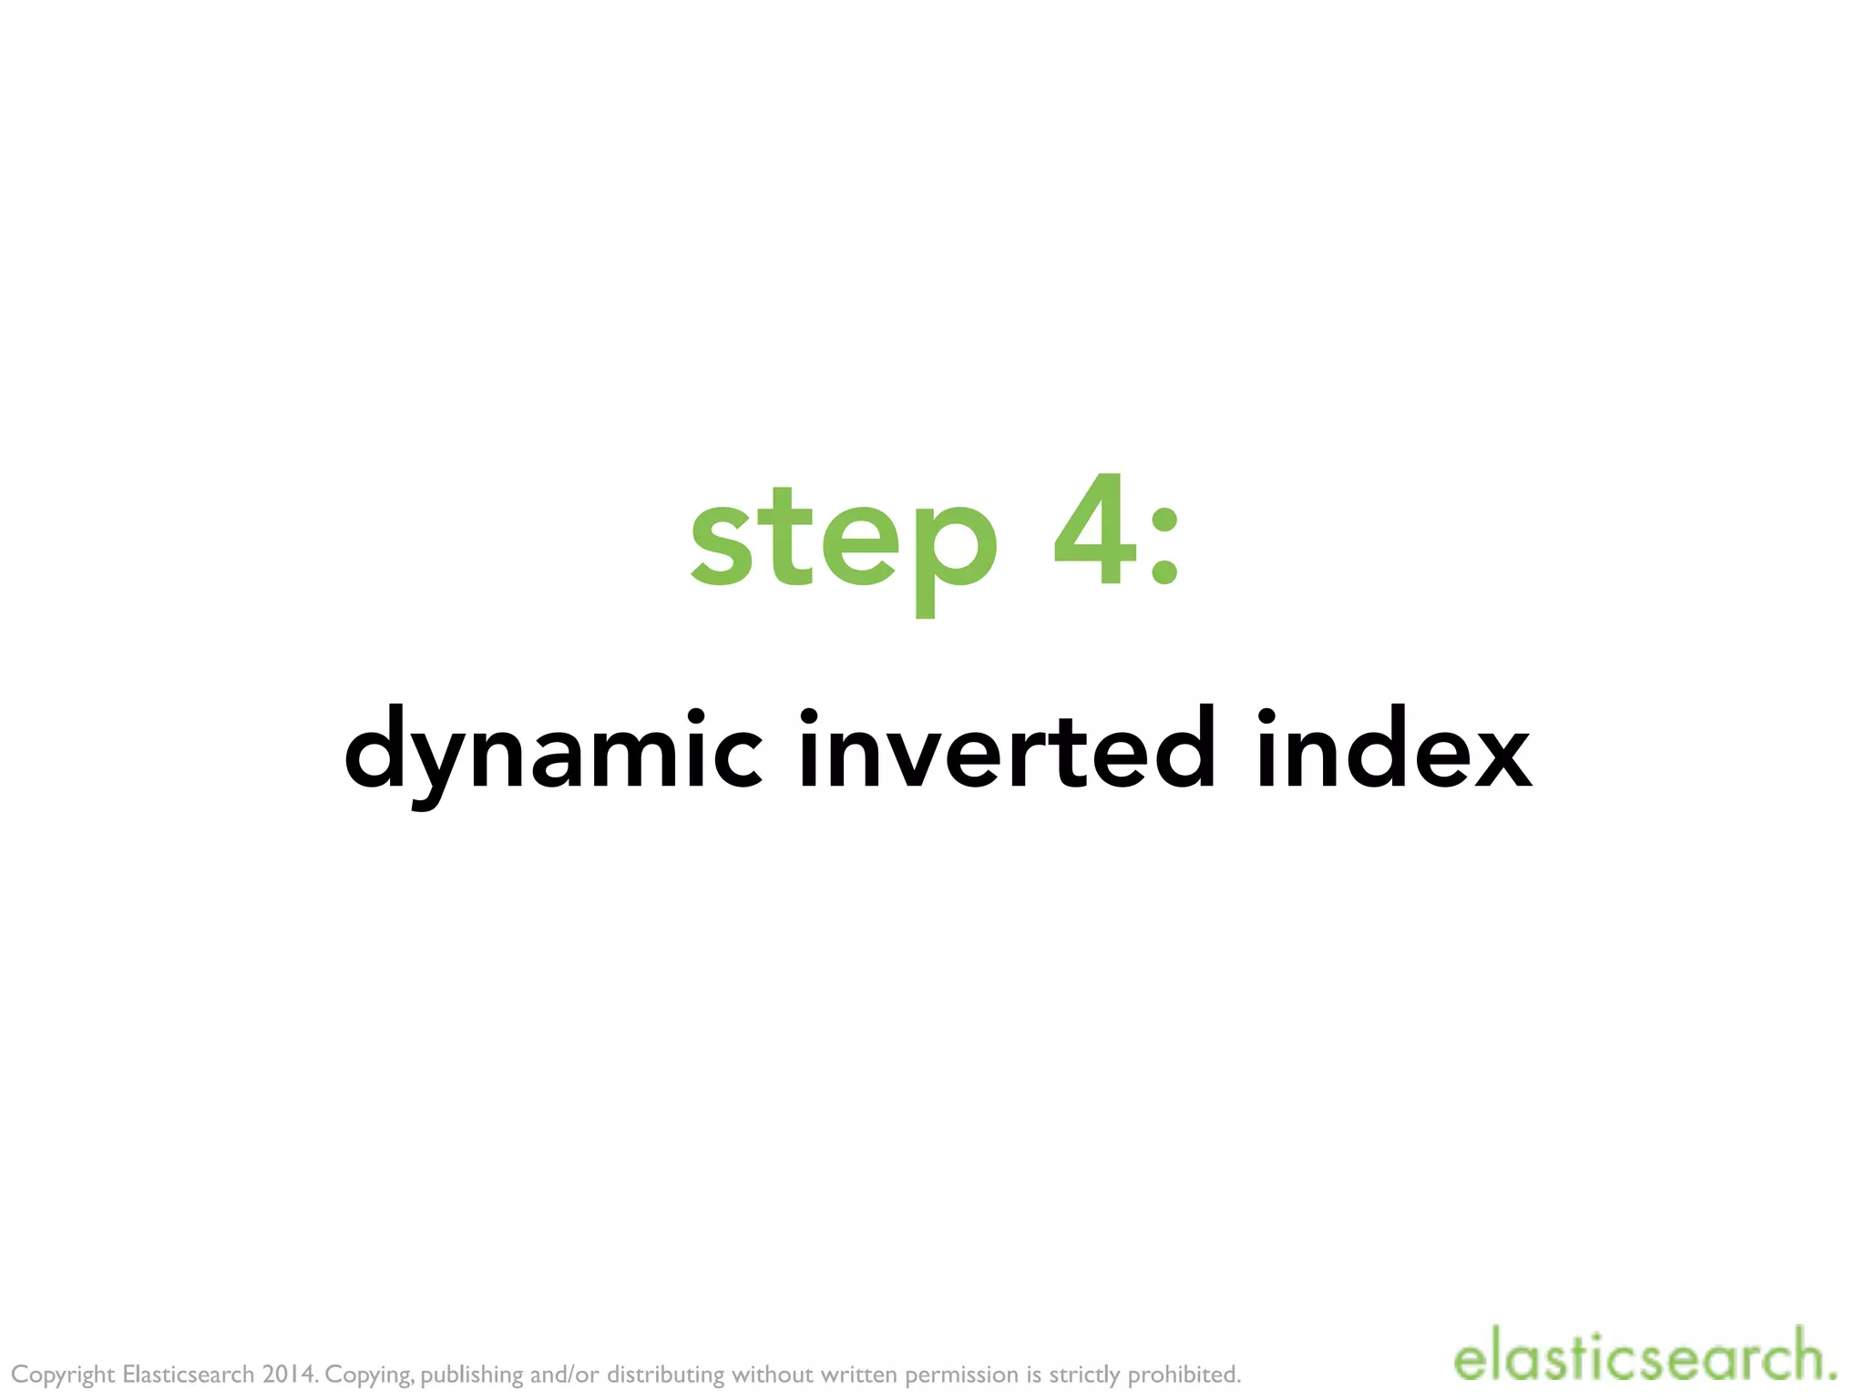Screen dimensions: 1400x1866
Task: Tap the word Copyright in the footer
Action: coord(63,1374)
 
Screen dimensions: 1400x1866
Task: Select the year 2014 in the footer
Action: coord(289,1374)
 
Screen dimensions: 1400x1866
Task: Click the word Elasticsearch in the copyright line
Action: coord(188,1374)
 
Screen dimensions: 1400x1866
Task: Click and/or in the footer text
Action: coord(565,1374)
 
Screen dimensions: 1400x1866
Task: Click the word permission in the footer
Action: coord(961,1374)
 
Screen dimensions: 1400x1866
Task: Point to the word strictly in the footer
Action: coord(1084,1374)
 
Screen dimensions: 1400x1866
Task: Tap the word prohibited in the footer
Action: coord(1184,1374)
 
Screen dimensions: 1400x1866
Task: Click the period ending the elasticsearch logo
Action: coord(1830,1376)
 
